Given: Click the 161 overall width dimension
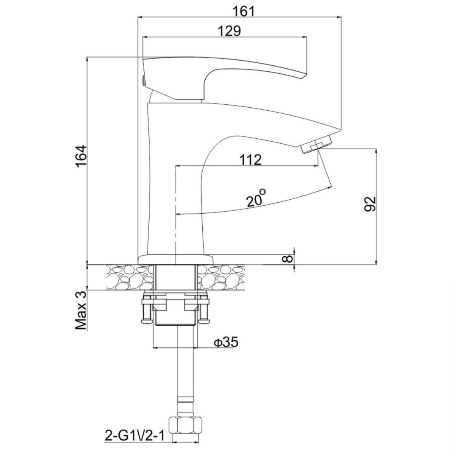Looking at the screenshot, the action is click(x=243, y=12).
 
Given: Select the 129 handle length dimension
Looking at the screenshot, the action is click(x=229, y=31).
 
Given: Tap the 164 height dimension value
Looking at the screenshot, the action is click(x=81, y=156).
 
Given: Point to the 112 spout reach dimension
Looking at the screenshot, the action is click(x=250, y=160).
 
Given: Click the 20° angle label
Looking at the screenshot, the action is click(x=256, y=198).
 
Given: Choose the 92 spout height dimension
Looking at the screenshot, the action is click(x=369, y=204).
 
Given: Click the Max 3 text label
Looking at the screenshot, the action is click(x=81, y=311).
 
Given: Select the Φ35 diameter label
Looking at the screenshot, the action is click(x=226, y=342).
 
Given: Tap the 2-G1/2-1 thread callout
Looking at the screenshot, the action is click(x=134, y=436).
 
